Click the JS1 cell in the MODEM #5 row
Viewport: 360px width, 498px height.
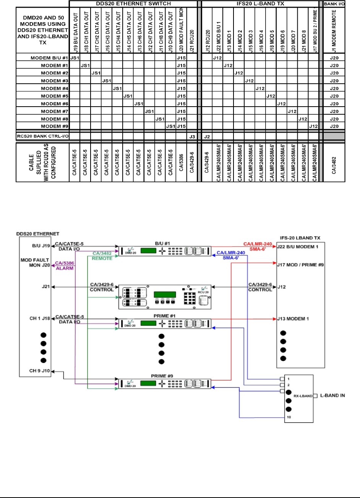(128, 96)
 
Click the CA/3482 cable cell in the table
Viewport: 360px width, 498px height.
(334, 163)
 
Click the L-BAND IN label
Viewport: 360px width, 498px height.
(332, 396)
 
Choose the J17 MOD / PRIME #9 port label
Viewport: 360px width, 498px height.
(300, 264)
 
